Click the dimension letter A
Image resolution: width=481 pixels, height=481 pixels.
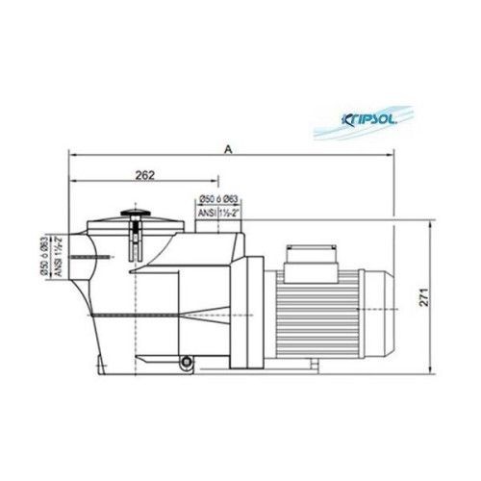click(228, 148)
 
